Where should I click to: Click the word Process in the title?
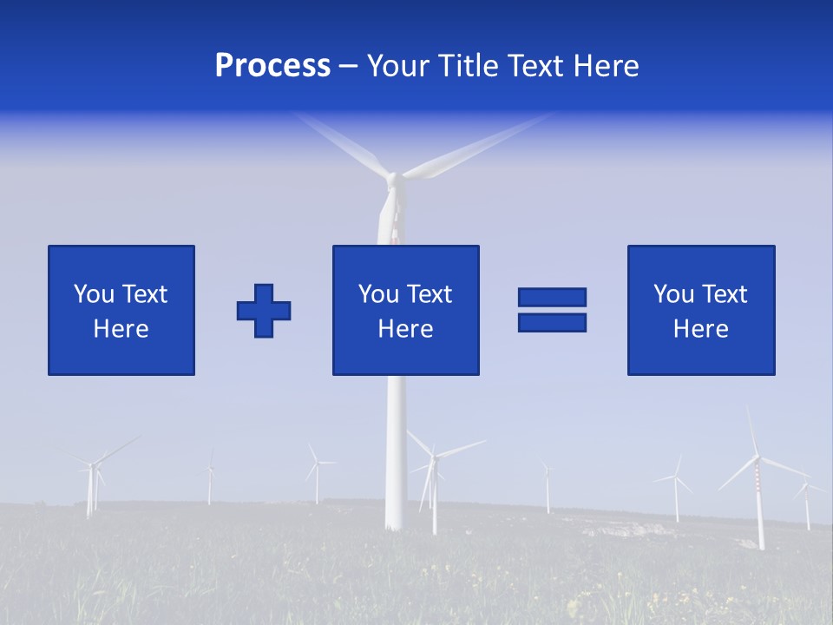(272, 66)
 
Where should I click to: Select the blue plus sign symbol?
(264, 310)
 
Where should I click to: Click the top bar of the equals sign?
(552, 298)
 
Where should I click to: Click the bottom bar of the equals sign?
(552, 322)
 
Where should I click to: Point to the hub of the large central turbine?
(392, 179)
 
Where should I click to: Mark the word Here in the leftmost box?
(121, 329)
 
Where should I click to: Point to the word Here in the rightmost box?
(700, 329)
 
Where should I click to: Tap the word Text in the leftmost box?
(145, 294)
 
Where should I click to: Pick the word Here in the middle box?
(405, 329)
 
